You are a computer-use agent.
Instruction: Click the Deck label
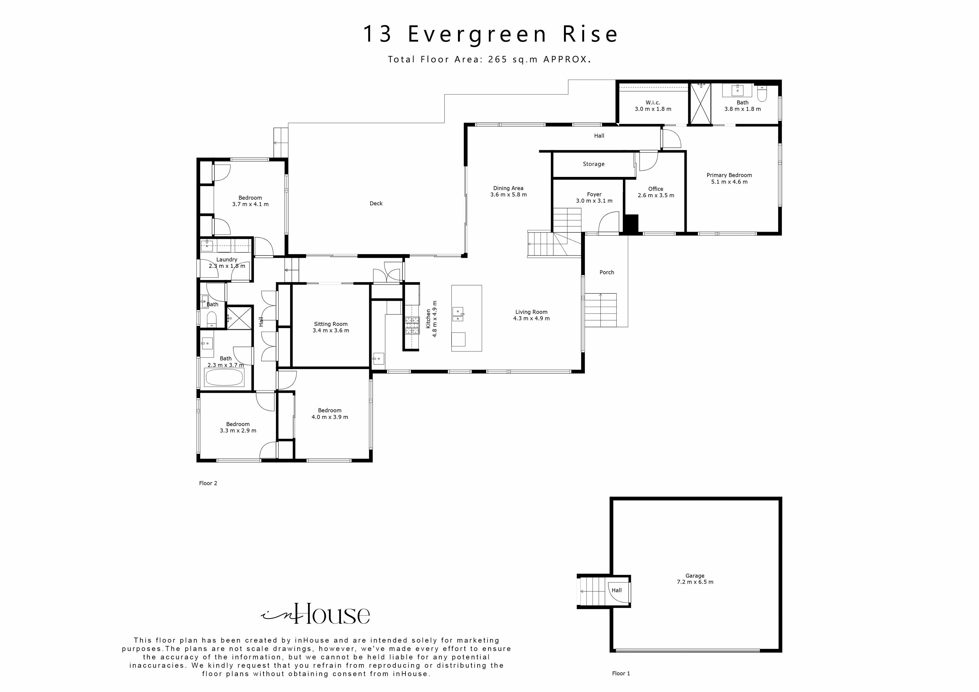[x=376, y=204]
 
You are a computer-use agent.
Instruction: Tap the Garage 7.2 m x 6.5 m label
[x=695, y=579]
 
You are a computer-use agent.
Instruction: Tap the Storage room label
[x=593, y=164]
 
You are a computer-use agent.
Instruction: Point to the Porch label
[x=606, y=272]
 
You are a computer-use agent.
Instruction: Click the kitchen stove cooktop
[x=412, y=325]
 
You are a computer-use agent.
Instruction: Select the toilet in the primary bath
[x=762, y=94]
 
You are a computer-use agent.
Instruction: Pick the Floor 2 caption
[x=208, y=483]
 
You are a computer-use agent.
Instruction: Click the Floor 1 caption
[x=621, y=673]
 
